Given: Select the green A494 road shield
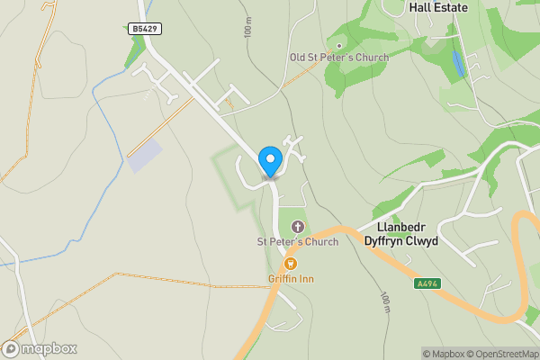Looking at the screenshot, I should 427,283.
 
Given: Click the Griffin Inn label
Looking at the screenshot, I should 291,279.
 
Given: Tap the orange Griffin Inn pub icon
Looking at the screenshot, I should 291,264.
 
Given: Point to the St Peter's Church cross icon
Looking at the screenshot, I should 298,227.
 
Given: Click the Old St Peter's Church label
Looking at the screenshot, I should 339,58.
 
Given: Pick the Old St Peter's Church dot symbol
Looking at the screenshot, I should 339,45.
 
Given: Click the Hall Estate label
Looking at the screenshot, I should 438,6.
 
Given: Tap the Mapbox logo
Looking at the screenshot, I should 40,348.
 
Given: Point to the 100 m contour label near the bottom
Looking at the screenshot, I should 385,304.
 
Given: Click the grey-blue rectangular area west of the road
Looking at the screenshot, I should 146,156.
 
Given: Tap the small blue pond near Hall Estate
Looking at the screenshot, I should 460,63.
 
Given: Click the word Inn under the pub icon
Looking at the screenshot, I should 307,279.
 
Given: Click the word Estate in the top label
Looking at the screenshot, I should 452,6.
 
